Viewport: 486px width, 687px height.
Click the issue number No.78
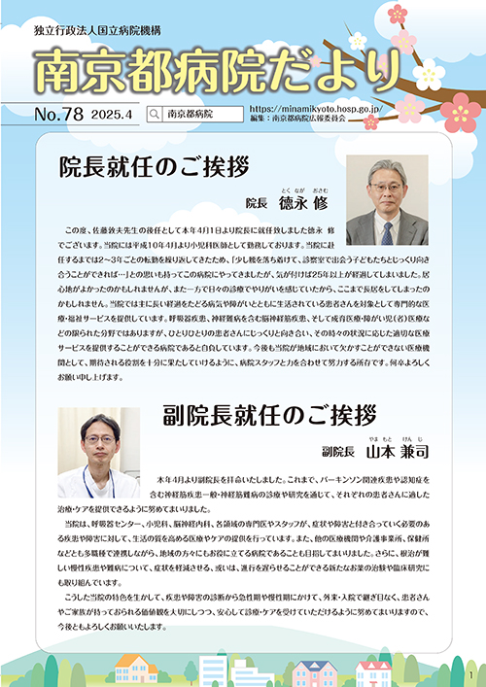(57, 114)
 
